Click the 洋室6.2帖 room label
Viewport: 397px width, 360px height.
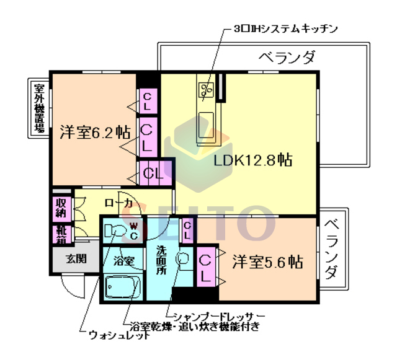click(x=95, y=132)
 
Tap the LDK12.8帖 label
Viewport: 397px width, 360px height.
click(x=253, y=160)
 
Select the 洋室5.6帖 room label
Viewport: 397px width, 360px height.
click(x=268, y=261)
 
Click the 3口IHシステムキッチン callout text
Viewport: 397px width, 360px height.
click(x=286, y=29)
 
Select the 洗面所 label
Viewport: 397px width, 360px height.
click(x=161, y=261)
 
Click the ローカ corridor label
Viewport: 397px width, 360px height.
click(x=118, y=203)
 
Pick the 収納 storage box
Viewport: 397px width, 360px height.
click(x=61, y=208)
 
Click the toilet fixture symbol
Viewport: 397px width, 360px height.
click(x=115, y=230)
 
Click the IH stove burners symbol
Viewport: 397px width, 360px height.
click(x=205, y=90)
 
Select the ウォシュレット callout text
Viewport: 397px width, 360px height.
click(x=118, y=336)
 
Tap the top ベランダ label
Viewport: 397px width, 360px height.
click(x=286, y=58)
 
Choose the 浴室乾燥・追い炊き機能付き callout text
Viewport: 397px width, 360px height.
click(x=194, y=326)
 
